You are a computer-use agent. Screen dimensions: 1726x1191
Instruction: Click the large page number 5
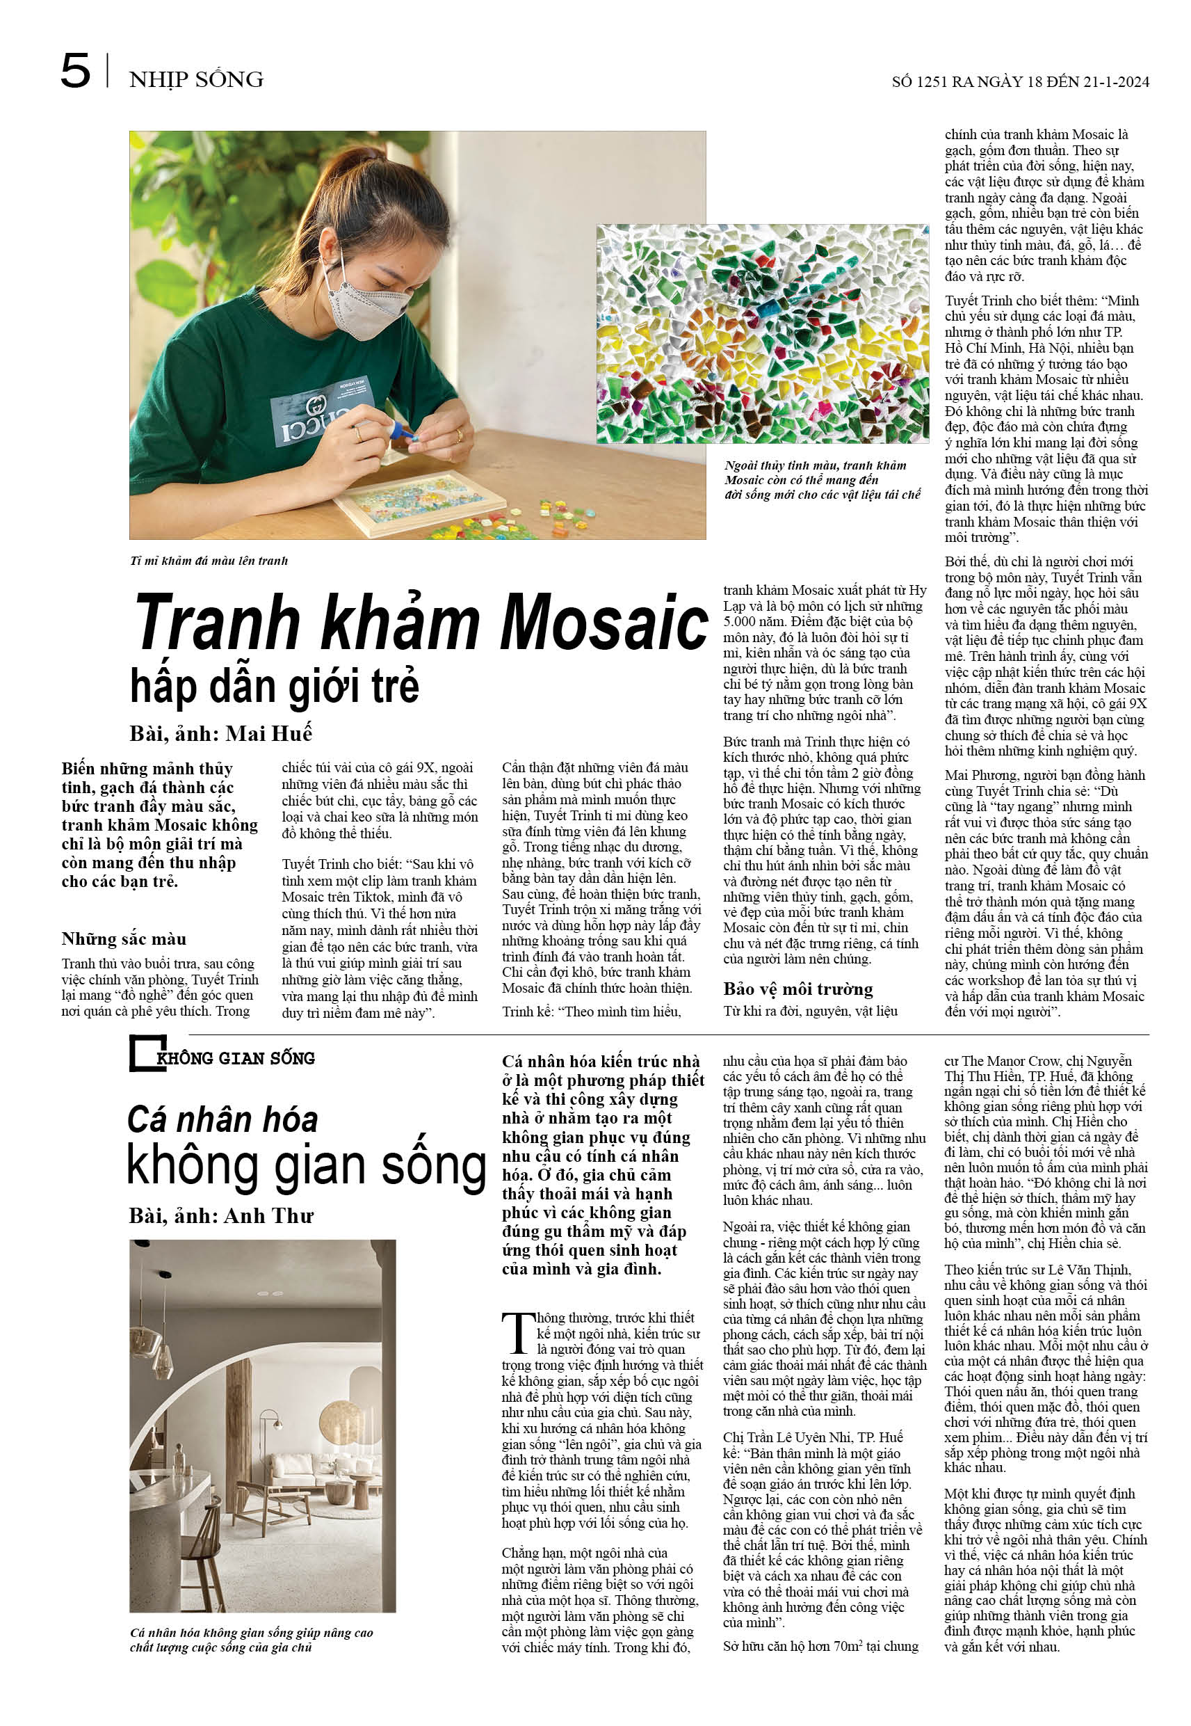coord(75,72)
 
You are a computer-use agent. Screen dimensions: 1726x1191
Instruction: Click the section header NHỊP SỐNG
coord(196,80)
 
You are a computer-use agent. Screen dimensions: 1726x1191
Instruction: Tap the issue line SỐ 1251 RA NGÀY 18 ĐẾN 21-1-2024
coord(1019,82)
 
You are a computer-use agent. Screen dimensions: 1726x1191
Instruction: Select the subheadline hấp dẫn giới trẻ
coord(275,687)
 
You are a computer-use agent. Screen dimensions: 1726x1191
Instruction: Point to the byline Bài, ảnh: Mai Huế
coord(221,733)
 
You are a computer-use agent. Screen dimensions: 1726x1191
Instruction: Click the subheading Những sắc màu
coord(124,938)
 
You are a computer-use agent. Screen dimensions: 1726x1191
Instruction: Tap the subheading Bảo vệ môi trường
coord(797,989)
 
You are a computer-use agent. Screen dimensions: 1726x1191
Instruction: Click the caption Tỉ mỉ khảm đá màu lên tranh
coord(209,561)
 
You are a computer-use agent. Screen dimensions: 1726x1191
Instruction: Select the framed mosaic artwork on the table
coord(410,501)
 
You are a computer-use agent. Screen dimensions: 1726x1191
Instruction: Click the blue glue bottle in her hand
coord(391,429)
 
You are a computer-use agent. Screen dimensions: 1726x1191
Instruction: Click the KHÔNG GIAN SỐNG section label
coord(236,1058)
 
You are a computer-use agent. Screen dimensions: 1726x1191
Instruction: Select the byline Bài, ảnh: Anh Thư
coord(221,1216)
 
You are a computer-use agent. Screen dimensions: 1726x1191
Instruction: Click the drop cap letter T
coord(517,1334)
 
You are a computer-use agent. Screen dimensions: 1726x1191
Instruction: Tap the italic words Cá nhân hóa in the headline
coord(222,1120)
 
